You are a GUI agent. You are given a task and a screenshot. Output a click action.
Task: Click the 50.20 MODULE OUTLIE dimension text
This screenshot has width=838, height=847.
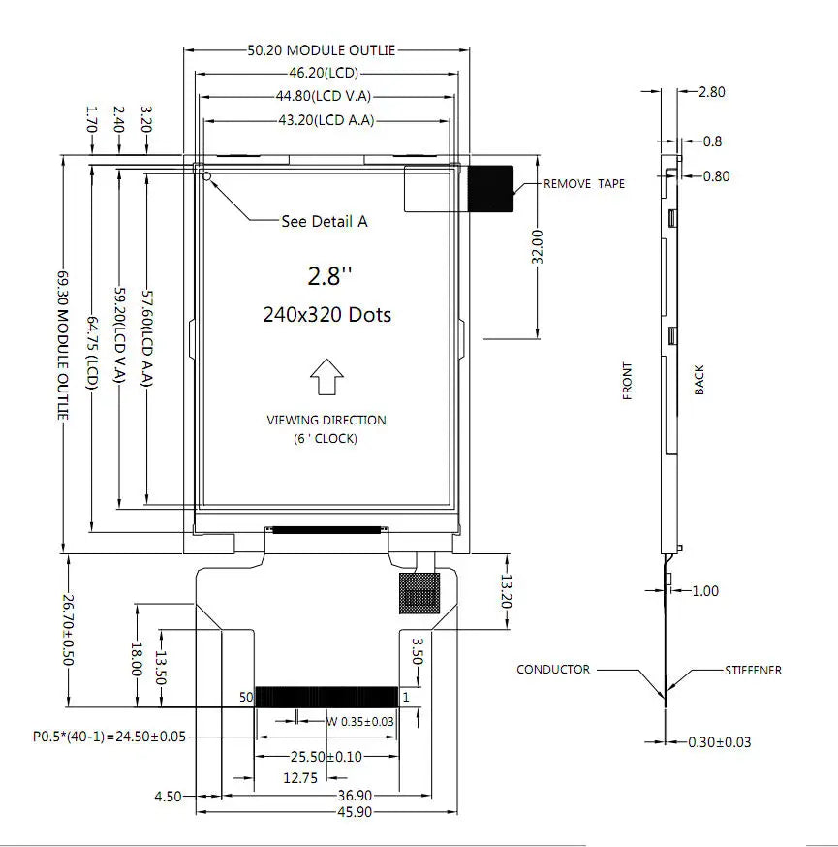[322, 50]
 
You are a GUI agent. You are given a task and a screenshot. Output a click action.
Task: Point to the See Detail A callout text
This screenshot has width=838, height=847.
[324, 221]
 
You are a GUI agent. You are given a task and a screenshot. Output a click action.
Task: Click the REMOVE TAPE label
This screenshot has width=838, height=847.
[583, 184]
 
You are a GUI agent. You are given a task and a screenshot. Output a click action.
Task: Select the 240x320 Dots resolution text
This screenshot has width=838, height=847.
[327, 315]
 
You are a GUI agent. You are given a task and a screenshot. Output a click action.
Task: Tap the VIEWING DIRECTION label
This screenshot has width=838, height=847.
[326, 421]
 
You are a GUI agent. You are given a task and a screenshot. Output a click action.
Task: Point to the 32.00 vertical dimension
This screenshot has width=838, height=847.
[538, 246]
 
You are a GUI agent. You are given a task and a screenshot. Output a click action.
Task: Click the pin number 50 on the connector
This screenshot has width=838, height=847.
[245, 697]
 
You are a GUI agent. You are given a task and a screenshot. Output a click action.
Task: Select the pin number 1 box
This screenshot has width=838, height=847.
[407, 697]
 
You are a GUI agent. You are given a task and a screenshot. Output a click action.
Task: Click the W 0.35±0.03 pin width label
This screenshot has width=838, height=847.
[360, 720]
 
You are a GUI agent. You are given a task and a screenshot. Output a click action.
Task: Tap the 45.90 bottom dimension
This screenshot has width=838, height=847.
[329, 812]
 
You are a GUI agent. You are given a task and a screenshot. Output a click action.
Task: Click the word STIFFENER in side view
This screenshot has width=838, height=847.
[753, 670]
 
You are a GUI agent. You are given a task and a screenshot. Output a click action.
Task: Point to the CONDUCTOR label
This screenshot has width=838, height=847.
[552, 670]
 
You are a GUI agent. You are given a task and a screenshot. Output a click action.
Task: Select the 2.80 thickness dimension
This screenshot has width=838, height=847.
[711, 92]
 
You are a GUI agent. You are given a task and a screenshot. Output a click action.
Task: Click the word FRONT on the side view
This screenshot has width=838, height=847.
[628, 381]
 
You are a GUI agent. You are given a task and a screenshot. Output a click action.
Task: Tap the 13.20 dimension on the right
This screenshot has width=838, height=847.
[506, 592]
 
